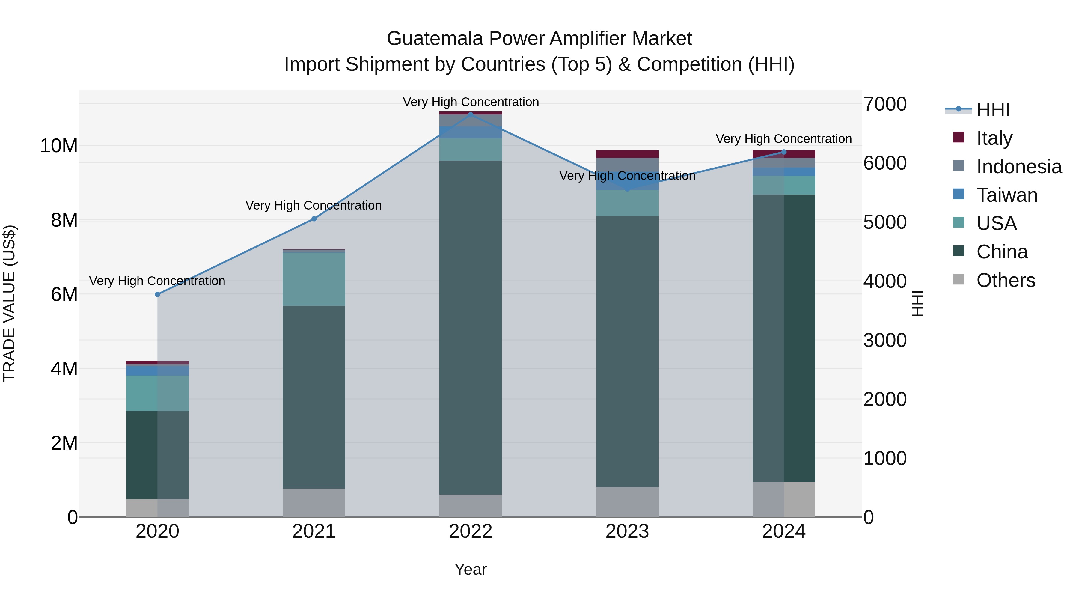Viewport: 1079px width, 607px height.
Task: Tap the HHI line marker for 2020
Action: [157, 294]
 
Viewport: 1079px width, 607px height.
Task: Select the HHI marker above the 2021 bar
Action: [314, 219]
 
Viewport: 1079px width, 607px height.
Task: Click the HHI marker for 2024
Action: [784, 152]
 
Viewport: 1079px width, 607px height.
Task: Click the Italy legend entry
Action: [994, 138]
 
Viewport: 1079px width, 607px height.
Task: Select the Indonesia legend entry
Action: [1019, 167]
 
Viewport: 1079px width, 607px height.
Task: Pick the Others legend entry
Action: [1005, 280]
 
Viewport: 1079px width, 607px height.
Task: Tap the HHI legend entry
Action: [993, 110]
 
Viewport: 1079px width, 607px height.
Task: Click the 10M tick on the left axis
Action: [59, 146]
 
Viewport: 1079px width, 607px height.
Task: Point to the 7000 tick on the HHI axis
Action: [885, 104]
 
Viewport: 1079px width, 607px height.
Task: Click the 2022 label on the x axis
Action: [470, 531]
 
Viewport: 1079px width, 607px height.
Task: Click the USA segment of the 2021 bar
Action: [314, 279]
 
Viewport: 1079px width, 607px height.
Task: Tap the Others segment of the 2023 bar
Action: [627, 502]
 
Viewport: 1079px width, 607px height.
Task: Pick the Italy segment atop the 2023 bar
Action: [627, 154]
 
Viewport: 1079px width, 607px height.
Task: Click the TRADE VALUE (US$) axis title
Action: [9, 303]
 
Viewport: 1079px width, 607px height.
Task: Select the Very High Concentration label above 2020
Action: [157, 281]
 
